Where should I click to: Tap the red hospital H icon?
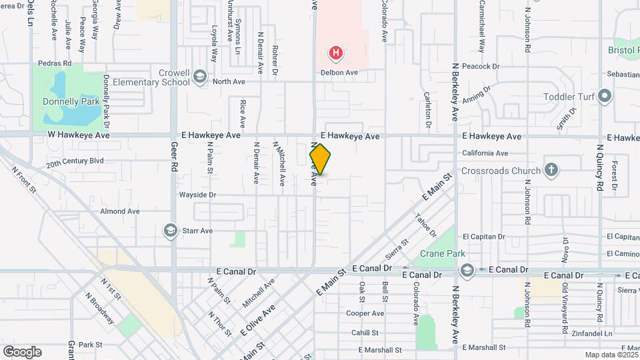tap(337, 52)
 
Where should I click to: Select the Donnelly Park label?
tap(71, 102)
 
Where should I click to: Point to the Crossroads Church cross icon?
tap(551, 169)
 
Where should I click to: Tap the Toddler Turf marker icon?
tap(605, 96)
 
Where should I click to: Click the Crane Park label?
tap(442, 253)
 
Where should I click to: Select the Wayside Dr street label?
tap(197, 195)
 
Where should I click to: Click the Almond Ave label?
tap(120, 211)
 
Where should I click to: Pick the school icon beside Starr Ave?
tap(170, 231)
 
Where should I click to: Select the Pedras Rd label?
tap(55, 64)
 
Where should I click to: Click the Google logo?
tap(22, 351)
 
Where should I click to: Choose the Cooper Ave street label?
tap(365, 313)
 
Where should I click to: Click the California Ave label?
tap(485, 153)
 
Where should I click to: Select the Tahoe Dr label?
tap(425, 225)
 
